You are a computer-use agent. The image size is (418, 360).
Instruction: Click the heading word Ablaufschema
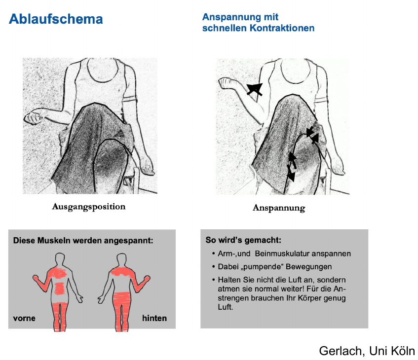[x=56, y=19]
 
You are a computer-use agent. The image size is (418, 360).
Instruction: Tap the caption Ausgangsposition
[x=89, y=207]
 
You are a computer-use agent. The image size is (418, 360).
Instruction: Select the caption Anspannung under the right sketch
[x=279, y=208]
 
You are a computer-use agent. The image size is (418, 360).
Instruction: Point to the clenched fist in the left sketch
[x=33, y=118]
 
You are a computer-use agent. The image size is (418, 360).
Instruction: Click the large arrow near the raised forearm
[x=255, y=89]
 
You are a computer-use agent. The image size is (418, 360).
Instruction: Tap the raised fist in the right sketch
[x=227, y=83]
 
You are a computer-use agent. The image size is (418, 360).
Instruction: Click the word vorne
[x=24, y=318]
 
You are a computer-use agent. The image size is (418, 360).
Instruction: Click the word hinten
[x=154, y=318]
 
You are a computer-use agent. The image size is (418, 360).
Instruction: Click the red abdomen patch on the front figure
[x=60, y=288]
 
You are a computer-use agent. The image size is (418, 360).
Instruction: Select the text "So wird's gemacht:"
[x=243, y=240]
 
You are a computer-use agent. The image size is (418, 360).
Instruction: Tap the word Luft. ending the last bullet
[x=225, y=307]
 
